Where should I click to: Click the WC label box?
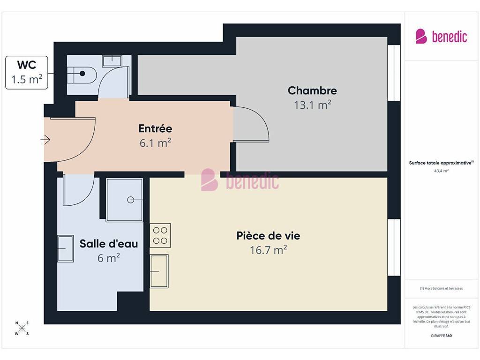tap(27, 73)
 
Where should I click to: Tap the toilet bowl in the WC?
tap(82, 75)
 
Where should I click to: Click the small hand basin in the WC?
tap(112, 61)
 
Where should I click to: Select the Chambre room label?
tap(312, 90)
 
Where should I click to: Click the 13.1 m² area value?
tap(312, 105)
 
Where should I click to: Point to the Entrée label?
tap(155, 128)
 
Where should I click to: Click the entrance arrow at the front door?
tap(45, 140)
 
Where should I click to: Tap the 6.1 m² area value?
tap(155, 142)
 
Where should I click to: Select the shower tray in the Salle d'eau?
tap(124, 200)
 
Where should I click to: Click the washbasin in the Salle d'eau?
tap(66, 248)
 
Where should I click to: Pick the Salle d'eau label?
tap(109, 244)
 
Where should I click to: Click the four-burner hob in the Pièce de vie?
tap(160, 235)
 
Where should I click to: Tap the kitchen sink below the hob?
tap(159, 271)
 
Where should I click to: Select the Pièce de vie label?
tap(268, 236)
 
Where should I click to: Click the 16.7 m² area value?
tap(268, 250)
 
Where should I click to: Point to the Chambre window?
tap(394, 73)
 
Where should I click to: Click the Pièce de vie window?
tap(394, 247)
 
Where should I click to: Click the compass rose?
tap(22, 329)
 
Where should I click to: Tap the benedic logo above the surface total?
tap(441, 37)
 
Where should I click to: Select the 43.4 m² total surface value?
tap(441, 171)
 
